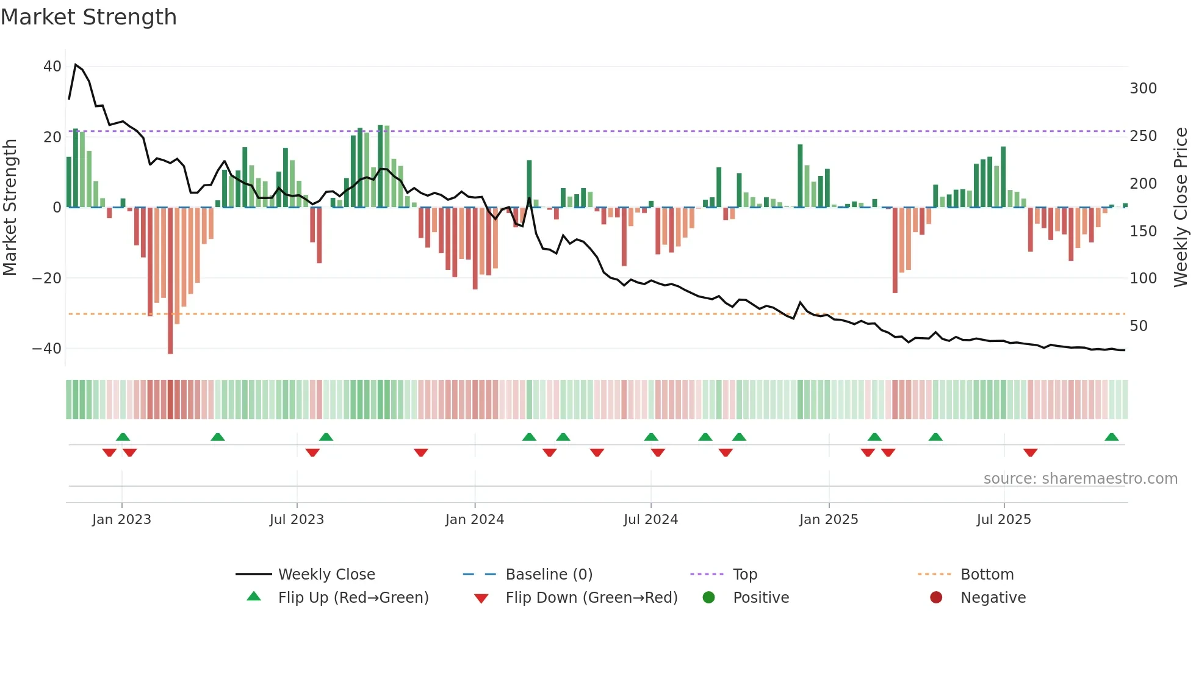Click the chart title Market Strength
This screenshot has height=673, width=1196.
pyautogui.click(x=88, y=17)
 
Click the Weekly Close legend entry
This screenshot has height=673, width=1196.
pyautogui.click(x=326, y=574)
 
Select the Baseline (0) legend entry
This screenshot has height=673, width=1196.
pyautogui.click(x=549, y=574)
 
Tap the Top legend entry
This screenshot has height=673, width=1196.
pyautogui.click(x=744, y=574)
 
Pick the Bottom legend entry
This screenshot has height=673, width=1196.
pyautogui.click(x=987, y=574)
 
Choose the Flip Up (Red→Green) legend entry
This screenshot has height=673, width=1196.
pyautogui.click(x=353, y=597)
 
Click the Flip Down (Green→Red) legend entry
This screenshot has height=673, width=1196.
pyautogui.click(x=591, y=597)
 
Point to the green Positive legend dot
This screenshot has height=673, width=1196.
pyautogui.click(x=708, y=597)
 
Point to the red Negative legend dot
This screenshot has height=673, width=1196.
pyautogui.click(x=936, y=597)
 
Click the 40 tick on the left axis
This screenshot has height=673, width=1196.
pyautogui.click(x=52, y=66)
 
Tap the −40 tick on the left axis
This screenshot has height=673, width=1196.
pyautogui.click(x=47, y=348)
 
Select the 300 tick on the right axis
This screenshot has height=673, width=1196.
pyautogui.click(x=1143, y=89)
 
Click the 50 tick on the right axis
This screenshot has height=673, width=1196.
pyautogui.click(x=1139, y=326)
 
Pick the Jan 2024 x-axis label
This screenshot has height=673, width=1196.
pyautogui.click(x=475, y=519)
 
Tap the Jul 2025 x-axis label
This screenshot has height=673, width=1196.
pyautogui.click(x=1004, y=519)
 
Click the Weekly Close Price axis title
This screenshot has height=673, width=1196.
pyautogui.click(x=1181, y=207)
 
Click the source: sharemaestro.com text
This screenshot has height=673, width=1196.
pyautogui.click(x=1080, y=478)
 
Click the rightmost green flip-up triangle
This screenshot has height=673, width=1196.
pyautogui.click(x=1111, y=437)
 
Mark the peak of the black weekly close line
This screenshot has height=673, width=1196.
pyautogui.click(x=76, y=64)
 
